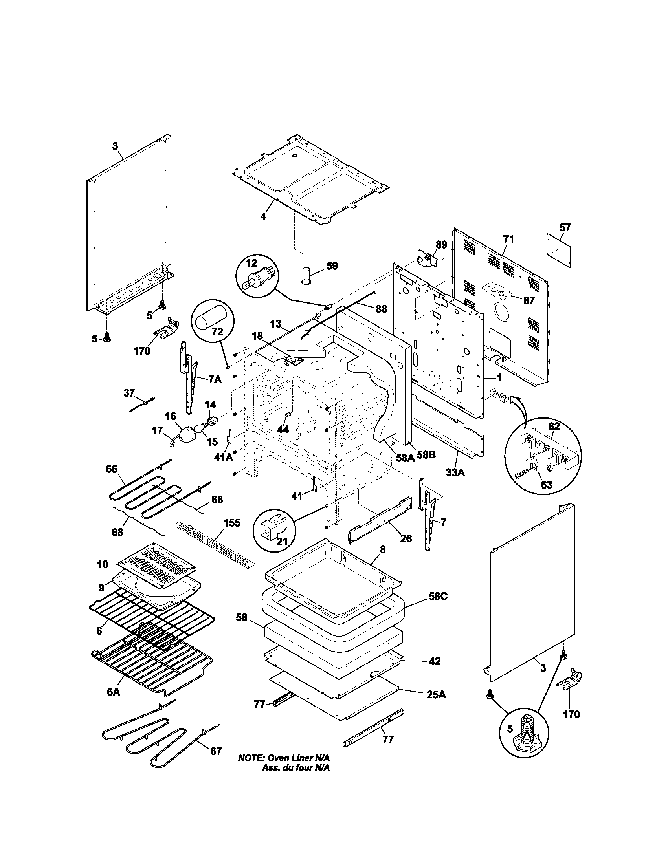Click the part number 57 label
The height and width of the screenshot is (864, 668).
565,227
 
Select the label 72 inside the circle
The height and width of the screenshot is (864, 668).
217,332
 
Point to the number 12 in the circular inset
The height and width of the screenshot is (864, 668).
252,263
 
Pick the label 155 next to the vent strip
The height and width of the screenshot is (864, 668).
232,523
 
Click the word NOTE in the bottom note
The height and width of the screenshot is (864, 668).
251,769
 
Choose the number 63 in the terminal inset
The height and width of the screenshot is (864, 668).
547,485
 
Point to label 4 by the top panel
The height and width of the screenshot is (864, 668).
263,216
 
